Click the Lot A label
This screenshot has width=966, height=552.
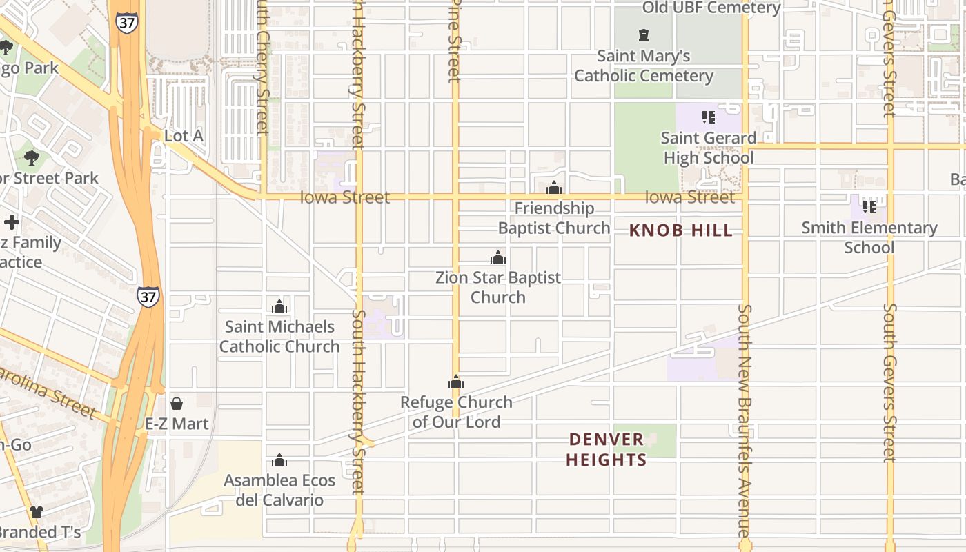pos(183,136)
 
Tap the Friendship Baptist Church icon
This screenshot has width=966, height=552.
pos(554,188)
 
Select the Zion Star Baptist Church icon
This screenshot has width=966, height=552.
pos(498,258)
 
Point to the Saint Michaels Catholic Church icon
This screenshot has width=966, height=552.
pos(279,306)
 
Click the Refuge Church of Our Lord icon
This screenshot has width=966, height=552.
pos(456,382)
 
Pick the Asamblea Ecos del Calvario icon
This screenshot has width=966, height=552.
pos(279,460)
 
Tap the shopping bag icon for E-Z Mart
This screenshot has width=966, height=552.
pos(177,404)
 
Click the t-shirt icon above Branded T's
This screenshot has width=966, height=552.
pos(37,512)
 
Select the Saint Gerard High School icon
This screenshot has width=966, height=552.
pos(709,117)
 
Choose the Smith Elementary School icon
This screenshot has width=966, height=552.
pos(869,206)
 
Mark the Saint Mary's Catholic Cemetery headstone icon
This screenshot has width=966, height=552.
pos(644,35)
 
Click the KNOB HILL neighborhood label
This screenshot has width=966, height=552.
pos(681,230)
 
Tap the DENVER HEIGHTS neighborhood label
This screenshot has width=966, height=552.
pos(607,449)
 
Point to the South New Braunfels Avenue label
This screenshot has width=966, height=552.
pos(744,421)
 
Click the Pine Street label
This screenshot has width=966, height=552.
pos(454,41)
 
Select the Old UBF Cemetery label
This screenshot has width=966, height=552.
pos(711,8)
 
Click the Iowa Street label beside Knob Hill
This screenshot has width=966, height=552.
pos(689,197)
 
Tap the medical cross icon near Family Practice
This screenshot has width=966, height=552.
pos(12,222)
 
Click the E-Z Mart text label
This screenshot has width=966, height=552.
pos(177,424)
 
